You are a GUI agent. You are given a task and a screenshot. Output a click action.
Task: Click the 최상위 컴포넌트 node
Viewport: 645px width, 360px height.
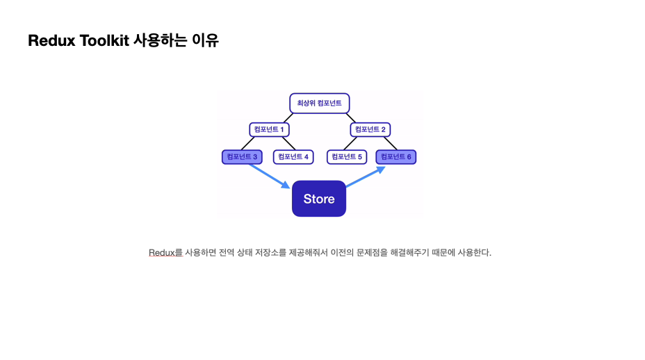click(319, 103)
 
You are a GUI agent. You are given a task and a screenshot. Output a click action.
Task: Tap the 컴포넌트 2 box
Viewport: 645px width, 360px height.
click(370, 129)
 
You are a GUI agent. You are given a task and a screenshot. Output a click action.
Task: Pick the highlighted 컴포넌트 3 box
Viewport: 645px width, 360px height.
click(242, 157)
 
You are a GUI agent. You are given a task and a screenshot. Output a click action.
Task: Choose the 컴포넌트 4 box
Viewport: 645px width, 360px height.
click(293, 157)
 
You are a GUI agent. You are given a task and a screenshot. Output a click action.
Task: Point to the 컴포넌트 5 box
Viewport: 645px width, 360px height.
click(346, 157)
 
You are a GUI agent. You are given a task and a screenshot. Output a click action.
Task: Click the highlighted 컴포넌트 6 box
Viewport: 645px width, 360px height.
click(396, 157)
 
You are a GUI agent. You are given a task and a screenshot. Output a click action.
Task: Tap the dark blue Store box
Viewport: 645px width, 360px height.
click(319, 199)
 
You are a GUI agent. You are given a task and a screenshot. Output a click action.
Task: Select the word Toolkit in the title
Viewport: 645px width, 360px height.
click(104, 40)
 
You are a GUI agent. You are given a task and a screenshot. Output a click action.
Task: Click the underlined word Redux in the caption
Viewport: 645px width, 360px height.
click(161, 252)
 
